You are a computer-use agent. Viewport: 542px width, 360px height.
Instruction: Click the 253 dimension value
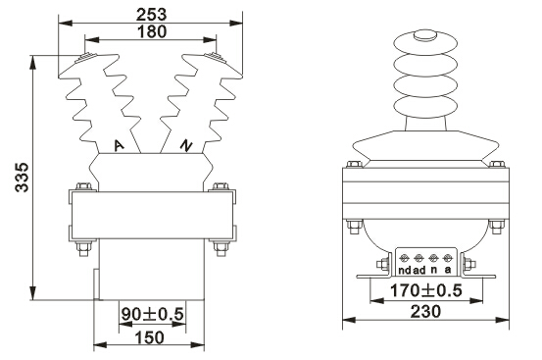coord(151,15)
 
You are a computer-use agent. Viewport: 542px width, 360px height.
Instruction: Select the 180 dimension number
coord(152,31)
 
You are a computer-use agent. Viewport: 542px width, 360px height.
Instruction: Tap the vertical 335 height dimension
coord(23,177)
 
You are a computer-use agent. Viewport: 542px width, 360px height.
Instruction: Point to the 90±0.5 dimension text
coord(152,314)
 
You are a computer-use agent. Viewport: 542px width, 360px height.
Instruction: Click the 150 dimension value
coord(150,337)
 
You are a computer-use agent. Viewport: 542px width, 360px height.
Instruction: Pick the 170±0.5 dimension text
coord(425,290)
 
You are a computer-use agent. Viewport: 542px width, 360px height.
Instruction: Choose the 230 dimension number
coord(425,312)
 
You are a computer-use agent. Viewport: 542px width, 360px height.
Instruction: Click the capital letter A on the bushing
coord(119,145)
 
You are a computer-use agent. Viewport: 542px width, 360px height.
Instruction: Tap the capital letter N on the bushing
coord(186,145)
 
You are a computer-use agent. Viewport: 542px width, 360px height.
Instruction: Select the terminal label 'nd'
coord(405,270)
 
